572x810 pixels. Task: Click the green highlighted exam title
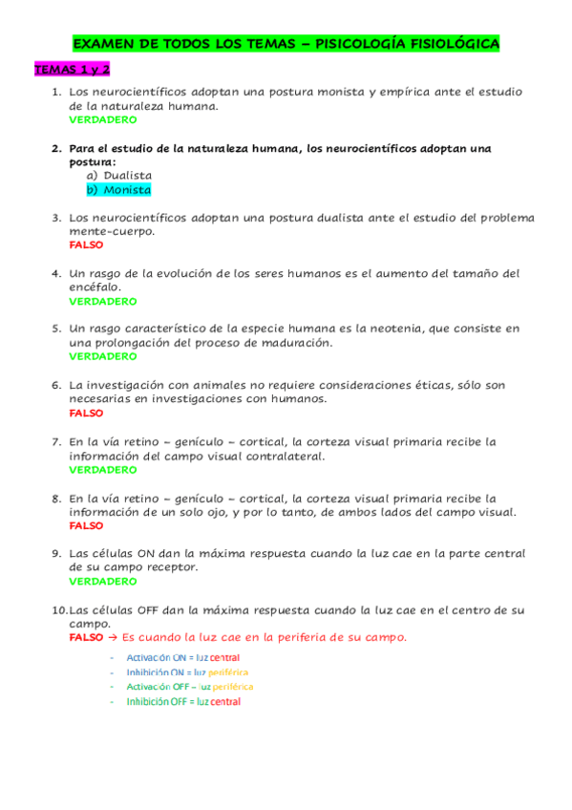(286, 44)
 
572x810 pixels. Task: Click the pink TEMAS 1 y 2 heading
(73, 71)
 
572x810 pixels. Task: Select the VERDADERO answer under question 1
(103, 120)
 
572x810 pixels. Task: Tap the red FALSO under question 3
(87, 245)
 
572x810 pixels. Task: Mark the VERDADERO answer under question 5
(103, 356)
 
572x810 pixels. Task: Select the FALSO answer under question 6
(87, 414)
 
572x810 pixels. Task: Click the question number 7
(56, 442)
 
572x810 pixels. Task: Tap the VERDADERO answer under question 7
(103, 470)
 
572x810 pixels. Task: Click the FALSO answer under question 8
(87, 525)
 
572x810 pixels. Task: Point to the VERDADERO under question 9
(103, 581)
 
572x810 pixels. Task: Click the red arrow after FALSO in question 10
(113, 637)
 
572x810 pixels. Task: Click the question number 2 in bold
(56, 149)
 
